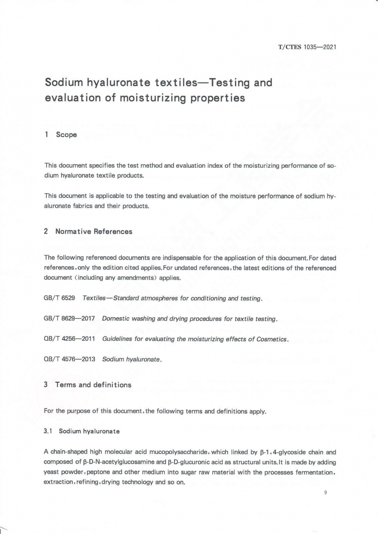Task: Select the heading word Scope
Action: (66, 135)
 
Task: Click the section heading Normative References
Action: (94, 231)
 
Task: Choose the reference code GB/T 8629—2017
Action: (70, 319)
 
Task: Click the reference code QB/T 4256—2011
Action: (70, 339)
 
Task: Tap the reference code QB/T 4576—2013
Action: (70, 360)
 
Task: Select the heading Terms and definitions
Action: (93, 385)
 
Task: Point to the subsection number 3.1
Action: (48, 431)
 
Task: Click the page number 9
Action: (326, 493)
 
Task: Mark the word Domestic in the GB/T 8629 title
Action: (115, 319)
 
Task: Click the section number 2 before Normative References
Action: (46, 231)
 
